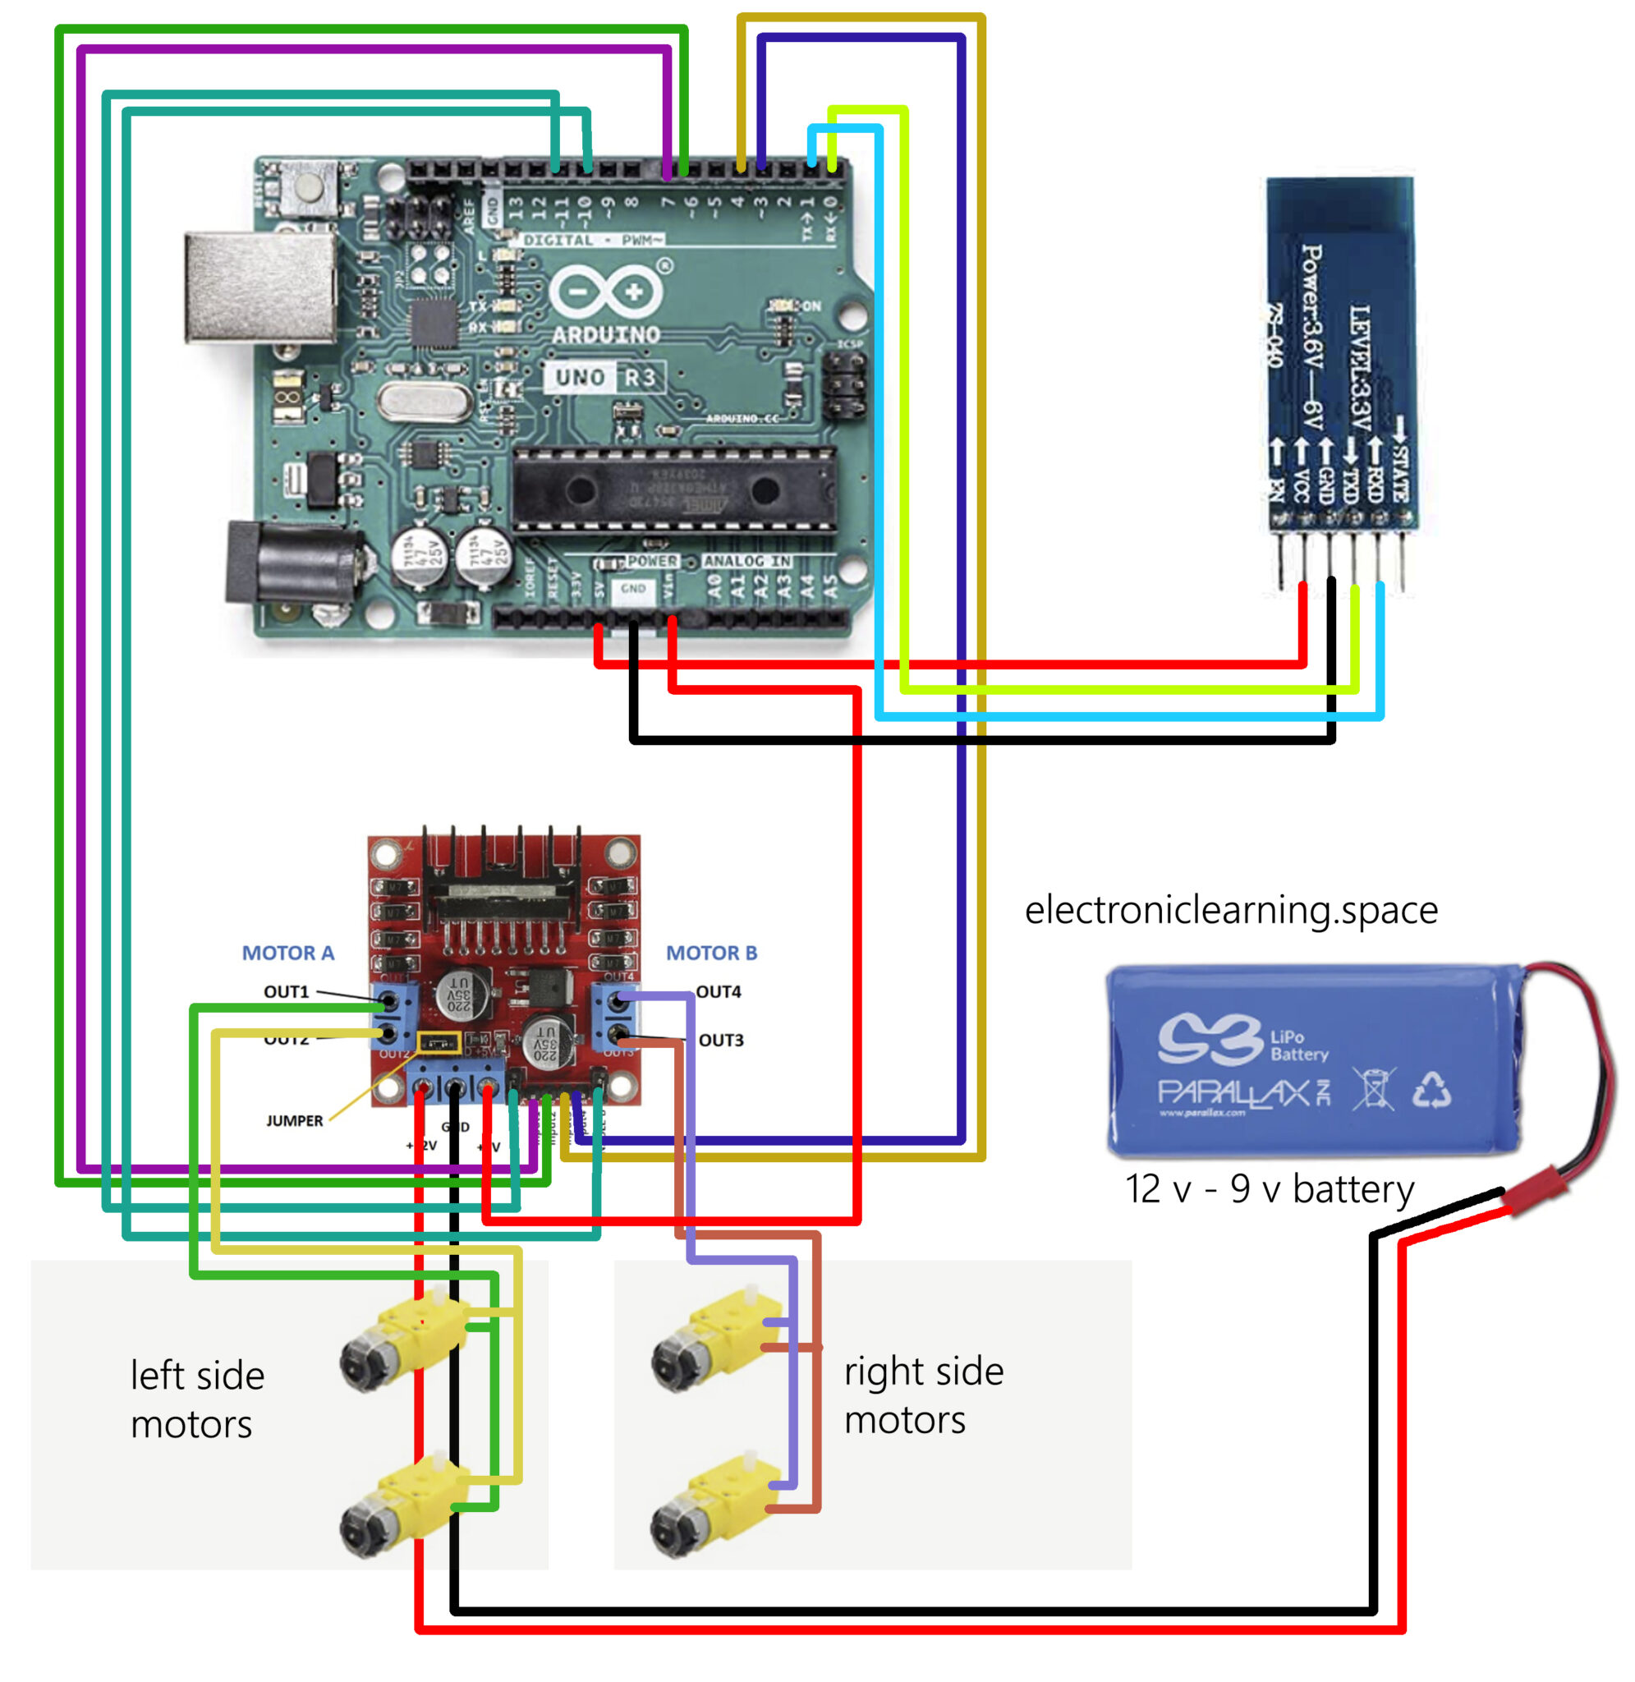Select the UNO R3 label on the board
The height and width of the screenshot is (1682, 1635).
coord(604,377)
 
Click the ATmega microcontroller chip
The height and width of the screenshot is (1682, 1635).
coord(673,490)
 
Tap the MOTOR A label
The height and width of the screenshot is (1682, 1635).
coord(287,953)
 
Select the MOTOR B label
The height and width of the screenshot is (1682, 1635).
coord(711,953)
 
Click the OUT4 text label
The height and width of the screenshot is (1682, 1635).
coord(718,991)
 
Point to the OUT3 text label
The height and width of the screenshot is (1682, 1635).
coord(720,1040)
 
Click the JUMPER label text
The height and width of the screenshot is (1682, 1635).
coord(294,1120)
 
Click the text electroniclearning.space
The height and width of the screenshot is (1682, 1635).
coord(1230,909)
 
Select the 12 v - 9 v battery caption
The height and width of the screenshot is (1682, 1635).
coord(1270,1189)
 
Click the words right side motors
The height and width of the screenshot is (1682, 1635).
coord(923,1395)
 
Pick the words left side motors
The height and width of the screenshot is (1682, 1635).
coord(198,1399)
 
